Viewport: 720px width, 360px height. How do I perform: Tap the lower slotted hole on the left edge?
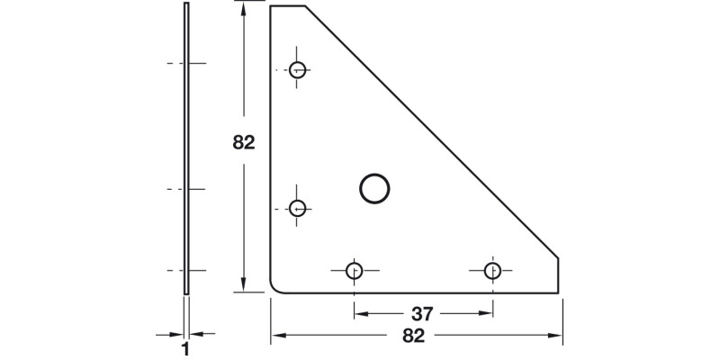click(x=298, y=209)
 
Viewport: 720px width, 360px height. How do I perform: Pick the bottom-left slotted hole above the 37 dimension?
click(x=354, y=270)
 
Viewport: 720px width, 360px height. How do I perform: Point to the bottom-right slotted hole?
click(x=492, y=270)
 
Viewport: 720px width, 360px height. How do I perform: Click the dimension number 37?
click(x=422, y=314)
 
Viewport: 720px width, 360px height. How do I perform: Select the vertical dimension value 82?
click(x=244, y=142)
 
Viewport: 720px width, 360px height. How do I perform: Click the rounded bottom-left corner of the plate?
click(x=274, y=287)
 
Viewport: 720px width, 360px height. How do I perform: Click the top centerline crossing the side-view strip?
click(x=186, y=63)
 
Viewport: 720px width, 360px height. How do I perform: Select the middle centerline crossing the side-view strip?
click(x=186, y=189)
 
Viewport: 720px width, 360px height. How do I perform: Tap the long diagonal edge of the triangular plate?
click(x=432, y=131)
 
